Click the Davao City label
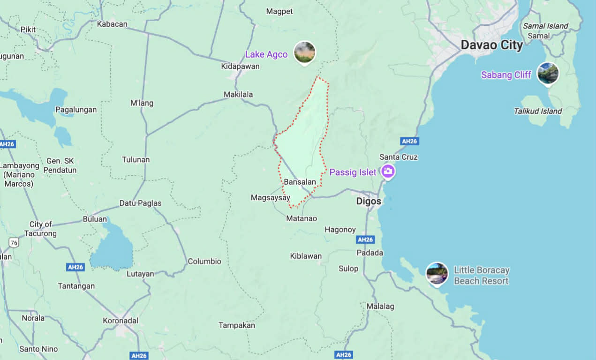click(491, 45)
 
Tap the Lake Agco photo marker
click(304, 52)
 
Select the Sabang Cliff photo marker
click(548, 74)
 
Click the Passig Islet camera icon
click(387, 171)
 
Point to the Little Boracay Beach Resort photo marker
click(437, 274)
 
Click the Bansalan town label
click(300, 182)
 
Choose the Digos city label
click(369, 201)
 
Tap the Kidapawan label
click(240, 67)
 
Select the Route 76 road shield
click(14, 242)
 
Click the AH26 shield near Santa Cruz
click(409, 141)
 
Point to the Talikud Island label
click(537, 111)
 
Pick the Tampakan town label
click(237, 325)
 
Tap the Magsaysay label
click(271, 198)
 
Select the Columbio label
click(204, 262)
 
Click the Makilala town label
click(238, 95)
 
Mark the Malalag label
click(380, 307)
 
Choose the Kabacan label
click(113, 24)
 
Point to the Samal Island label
click(545, 26)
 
